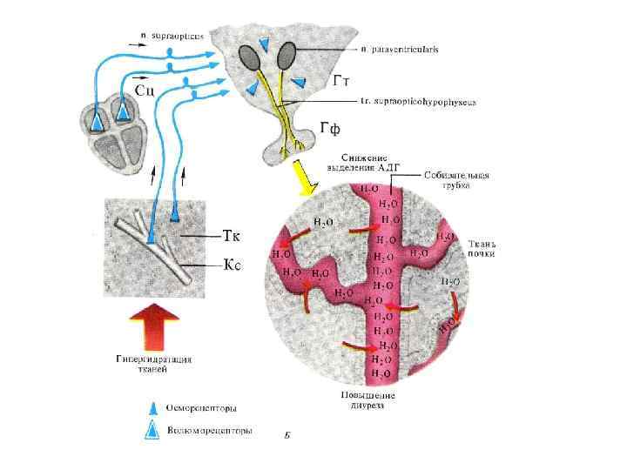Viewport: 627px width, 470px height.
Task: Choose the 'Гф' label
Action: [x=329, y=130]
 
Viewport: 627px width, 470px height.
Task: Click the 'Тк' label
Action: [x=232, y=235]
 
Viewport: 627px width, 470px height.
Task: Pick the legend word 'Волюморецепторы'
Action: [x=209, y=430]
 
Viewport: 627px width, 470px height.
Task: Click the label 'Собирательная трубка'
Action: [x=458, y=180]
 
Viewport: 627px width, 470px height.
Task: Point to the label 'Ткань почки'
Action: [x=481, y=248]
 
